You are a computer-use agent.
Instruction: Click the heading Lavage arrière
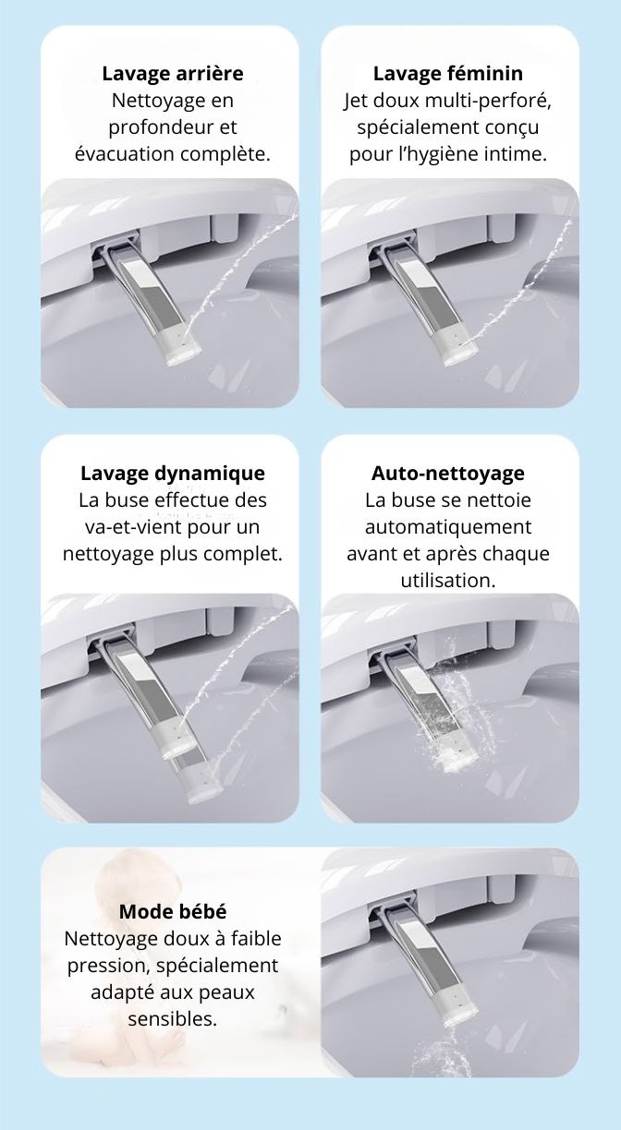coord(173,74)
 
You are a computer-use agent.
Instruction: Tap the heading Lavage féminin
coord(448,74)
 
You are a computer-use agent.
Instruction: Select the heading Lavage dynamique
coord(173,474)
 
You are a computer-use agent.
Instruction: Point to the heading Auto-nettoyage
coord(448,474)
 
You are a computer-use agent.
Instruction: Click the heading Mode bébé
coord(173,912)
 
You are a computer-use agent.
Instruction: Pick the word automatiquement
coord(448,528)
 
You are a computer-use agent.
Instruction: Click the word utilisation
coord(448,581)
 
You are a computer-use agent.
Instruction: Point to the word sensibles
coord(173,1018)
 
